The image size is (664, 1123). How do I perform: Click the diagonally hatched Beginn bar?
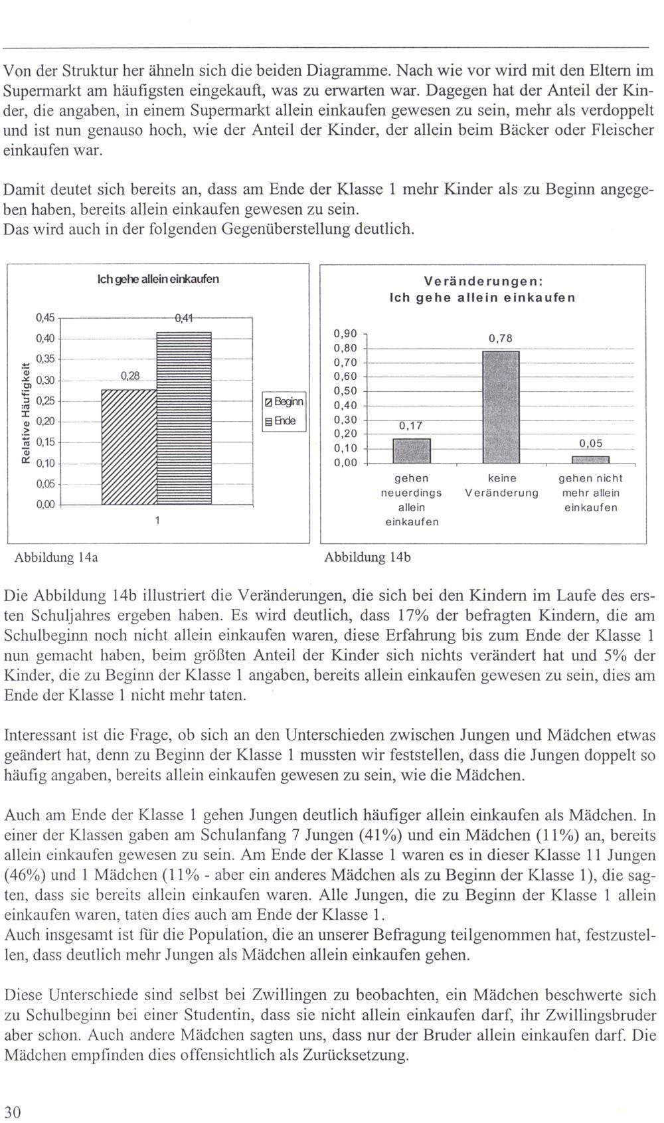tap(129, 447)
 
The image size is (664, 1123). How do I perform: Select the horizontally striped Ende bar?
tap(184, 418)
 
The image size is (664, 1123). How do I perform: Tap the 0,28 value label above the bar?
tap(129, 377)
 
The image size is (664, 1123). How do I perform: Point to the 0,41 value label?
tap(183, 318)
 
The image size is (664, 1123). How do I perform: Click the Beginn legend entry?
tap(285, 402)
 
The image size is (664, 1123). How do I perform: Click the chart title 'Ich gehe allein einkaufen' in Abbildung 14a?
tap(158, 279)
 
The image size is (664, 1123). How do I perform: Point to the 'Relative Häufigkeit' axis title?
tap(26, 411)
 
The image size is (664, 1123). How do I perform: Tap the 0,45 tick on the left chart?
tap(45, 317)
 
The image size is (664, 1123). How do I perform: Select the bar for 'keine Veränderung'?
tap(501, 406)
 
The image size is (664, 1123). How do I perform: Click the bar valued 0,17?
tap(412, 450)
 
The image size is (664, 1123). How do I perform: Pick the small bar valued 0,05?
tap(591, 459)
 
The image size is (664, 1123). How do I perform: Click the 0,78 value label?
tap(501, 338)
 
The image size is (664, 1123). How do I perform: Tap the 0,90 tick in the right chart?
tap(345, 334)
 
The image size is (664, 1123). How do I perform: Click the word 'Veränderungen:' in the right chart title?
tap(482, 281)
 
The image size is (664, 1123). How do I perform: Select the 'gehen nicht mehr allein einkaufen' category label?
tap(590, 492)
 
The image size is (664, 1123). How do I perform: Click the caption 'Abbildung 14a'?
tap(56, 557)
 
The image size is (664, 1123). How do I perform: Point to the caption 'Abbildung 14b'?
tap(367, 557)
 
